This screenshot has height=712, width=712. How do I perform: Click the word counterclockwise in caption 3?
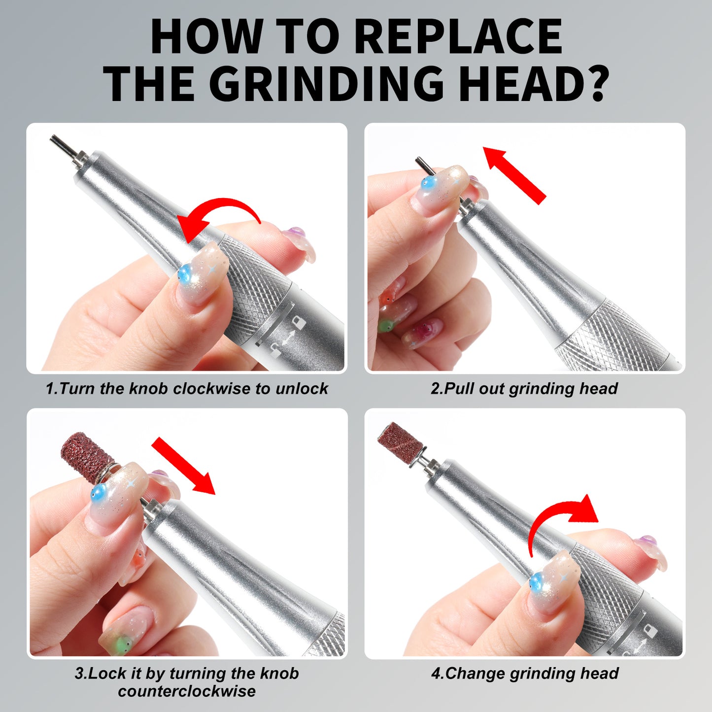[187, 691]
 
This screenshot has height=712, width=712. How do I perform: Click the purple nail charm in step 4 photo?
[647, 542]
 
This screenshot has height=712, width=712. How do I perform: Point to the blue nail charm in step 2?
[428, 184]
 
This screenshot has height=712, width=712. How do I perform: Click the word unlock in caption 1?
[302, 388]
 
